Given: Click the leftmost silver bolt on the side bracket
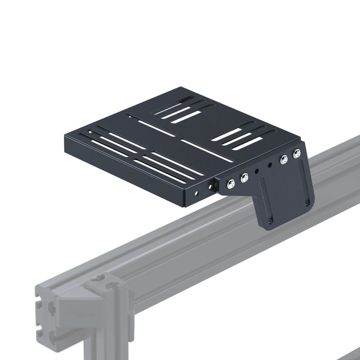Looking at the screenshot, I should (x=231, y=184).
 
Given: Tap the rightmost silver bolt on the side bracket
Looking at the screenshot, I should (x=297, y=154).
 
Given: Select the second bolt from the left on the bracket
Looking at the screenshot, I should (x=244, y=178).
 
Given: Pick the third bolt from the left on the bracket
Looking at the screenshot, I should (x=284, y=159).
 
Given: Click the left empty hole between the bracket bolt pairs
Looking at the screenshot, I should (x=256, y=171).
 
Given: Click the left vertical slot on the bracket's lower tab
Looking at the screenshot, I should (x=266, y=205).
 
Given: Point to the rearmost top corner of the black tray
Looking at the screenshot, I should (x=182, y=88).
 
